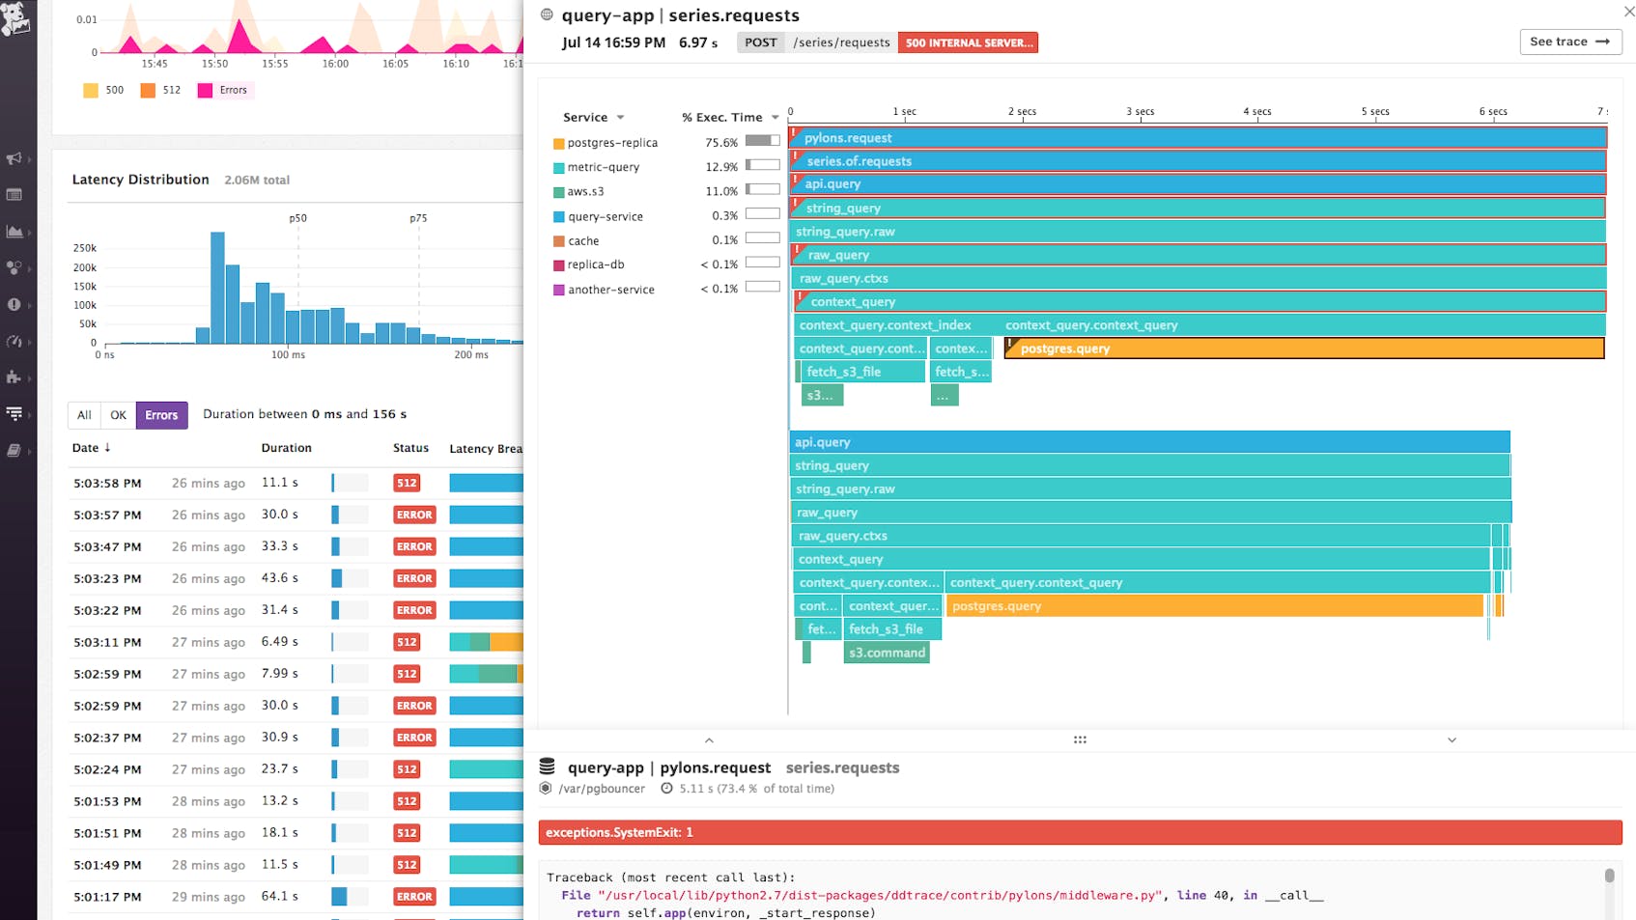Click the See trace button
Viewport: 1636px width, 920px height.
tap(1569, 42)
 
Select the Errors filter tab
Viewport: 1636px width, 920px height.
tap(161, 415)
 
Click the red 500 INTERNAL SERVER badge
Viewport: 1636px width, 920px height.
tap(968, 42)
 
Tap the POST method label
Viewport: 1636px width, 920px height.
tap(761, 42)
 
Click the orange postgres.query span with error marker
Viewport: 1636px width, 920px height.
tap(1304, 348)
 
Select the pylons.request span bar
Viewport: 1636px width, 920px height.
tap(1198, 138)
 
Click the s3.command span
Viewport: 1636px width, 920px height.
tap(887, 653)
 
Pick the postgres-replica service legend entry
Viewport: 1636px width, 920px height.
tap(611, 143)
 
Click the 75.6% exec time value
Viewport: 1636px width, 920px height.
tap(720, 143)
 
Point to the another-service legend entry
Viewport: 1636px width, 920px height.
tap(610, 290)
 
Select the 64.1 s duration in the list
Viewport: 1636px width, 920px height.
tap(279, 896)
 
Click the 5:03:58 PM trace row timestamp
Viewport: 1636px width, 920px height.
tap(107, 483)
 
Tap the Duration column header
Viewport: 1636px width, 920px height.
tap(286, 448)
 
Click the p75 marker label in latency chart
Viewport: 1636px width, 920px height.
tap(418, 218)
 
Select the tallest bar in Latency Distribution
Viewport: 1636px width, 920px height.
tap(217, 288)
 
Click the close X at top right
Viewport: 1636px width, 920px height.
tap(1628, 12)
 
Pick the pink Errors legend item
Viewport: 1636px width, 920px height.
tap(224, 90)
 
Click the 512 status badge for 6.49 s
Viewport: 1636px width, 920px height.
tap(407, 642)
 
